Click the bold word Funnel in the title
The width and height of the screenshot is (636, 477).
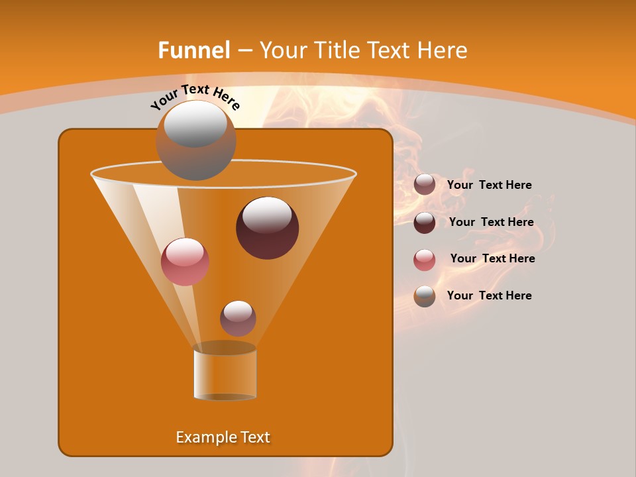tap(193, 50)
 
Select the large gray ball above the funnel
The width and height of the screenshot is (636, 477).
tap(195, 140)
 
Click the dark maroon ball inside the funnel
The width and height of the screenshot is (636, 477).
tap(267, 228)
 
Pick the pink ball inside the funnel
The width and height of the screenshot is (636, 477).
tap(185, 262)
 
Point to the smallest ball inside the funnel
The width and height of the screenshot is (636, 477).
tap(238, 318)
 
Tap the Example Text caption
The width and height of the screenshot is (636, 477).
tap(223, 437)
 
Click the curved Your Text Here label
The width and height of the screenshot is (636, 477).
tap(195, 97)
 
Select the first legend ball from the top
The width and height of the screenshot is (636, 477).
tap(425, 185)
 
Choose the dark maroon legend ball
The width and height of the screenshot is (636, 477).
tap(425, 223)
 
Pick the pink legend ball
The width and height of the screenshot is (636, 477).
tap(425, 260)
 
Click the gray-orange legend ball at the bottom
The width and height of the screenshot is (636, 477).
tap(425, 296)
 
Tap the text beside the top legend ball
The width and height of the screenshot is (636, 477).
tap(489, 185)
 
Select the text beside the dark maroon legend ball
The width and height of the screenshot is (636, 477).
tap(491, 223)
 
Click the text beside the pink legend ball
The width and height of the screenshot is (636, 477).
tap(492, 259)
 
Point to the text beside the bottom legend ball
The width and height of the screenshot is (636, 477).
tap(489, 296)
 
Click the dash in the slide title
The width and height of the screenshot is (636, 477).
tap(244, 51)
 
